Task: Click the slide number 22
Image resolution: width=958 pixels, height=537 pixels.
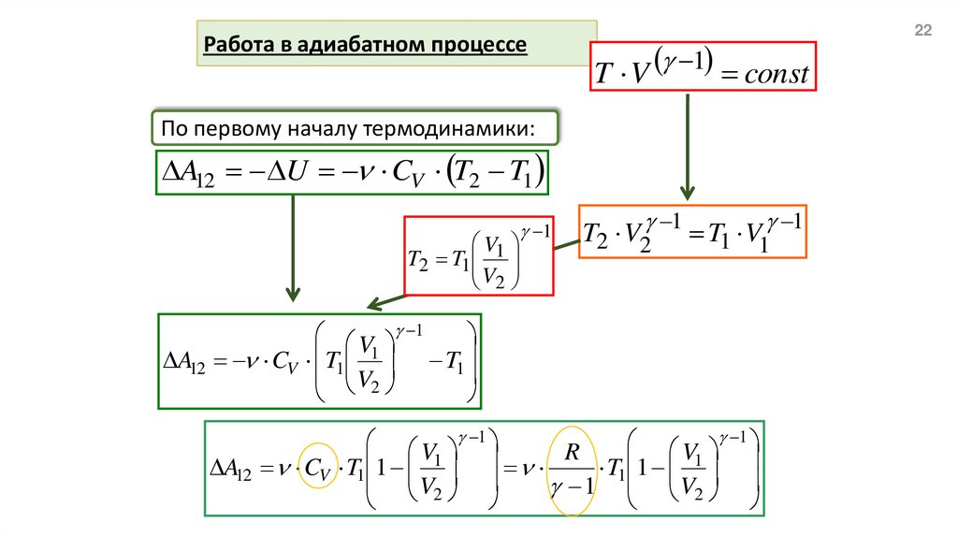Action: (x=922, y=32)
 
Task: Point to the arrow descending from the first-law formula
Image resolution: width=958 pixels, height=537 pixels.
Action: (x=293, y=248)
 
